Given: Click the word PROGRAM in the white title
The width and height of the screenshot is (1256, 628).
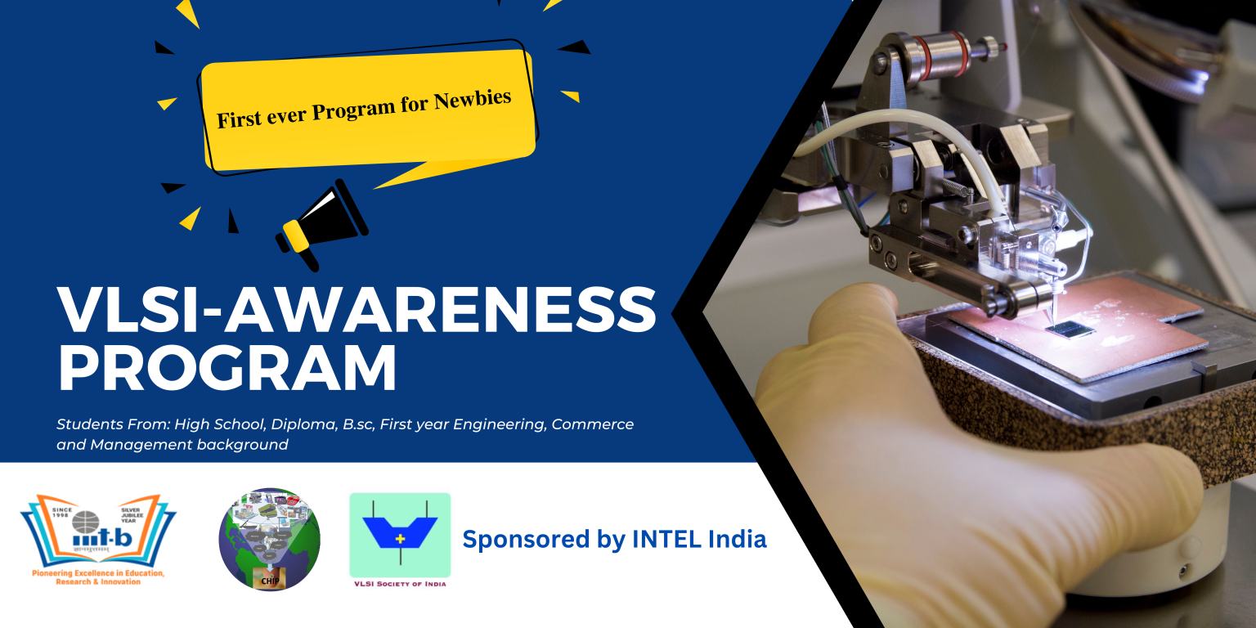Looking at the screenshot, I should click(227, 369).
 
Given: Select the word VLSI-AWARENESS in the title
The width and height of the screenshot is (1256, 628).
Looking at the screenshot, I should click(357, 311).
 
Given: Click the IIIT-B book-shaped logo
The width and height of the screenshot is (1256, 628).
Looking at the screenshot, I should click(98, 532).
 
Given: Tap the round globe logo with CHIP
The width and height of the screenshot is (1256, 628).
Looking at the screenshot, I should click(270, 540).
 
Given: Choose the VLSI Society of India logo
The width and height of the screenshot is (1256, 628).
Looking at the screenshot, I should click(400, 536).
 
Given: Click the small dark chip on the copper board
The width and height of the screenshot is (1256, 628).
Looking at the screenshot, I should click(1071, 329).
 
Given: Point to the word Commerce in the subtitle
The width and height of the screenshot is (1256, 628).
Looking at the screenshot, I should click(593, 425).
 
